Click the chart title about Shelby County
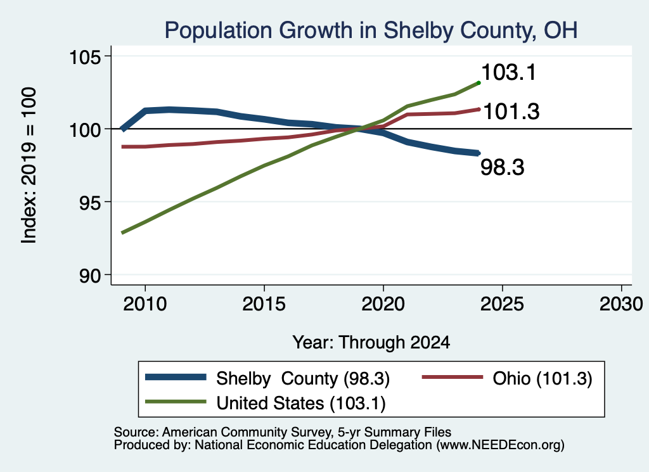point(371,30)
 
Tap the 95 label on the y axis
point(90,203)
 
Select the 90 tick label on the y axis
point(90,276)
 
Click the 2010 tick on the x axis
point(145,304)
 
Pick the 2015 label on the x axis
point(264,304)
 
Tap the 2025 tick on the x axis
point(502,304)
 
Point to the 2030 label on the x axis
point(621,304)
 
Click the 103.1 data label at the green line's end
point(509,72)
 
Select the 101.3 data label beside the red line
point(511,112)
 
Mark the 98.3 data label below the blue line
point(503,167)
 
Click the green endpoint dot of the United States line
point(479,83)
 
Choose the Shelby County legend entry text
point(303,378)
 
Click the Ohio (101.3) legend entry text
point(543,378)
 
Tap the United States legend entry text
point(301,404)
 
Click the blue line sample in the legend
point(176,377)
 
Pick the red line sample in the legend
point(453,377)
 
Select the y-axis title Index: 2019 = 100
point(29,165)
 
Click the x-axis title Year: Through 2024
point(371,343)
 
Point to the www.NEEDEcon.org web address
point(499,445)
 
